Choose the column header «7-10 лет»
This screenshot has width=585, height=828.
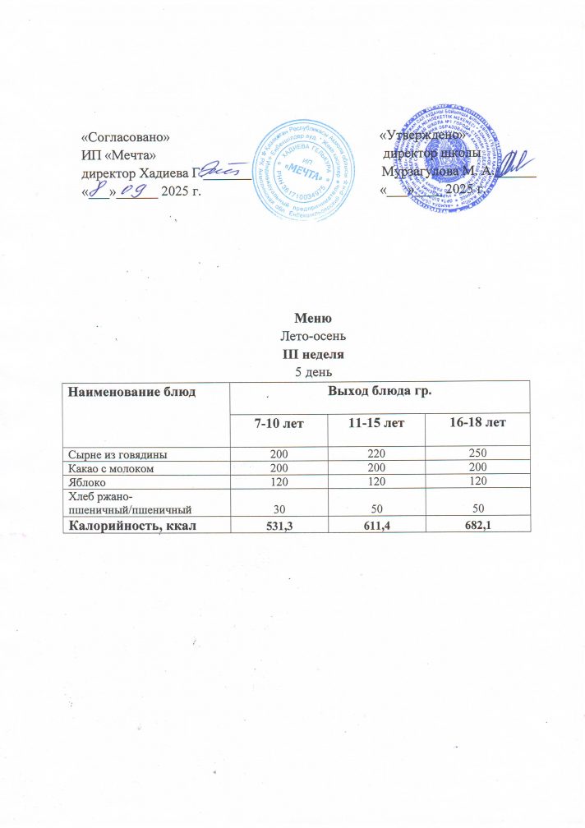pyautogui.click(x=277, y=423)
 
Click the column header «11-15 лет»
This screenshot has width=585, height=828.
pyautogui.click(x=376, y=423)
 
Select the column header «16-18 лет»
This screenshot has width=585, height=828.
pyautogui.click(x=478, y=422)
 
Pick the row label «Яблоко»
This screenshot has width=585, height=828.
pyautogui.click(x=85, y=481)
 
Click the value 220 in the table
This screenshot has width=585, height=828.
pyautogui.click(x=376, y=453)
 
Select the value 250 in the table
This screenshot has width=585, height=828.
pyautogui.click(x=478, y=453)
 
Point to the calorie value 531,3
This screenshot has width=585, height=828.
pyautogui.click(x=277, y=523)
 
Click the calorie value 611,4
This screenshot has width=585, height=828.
pyautogui.click(x=376, y=523)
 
